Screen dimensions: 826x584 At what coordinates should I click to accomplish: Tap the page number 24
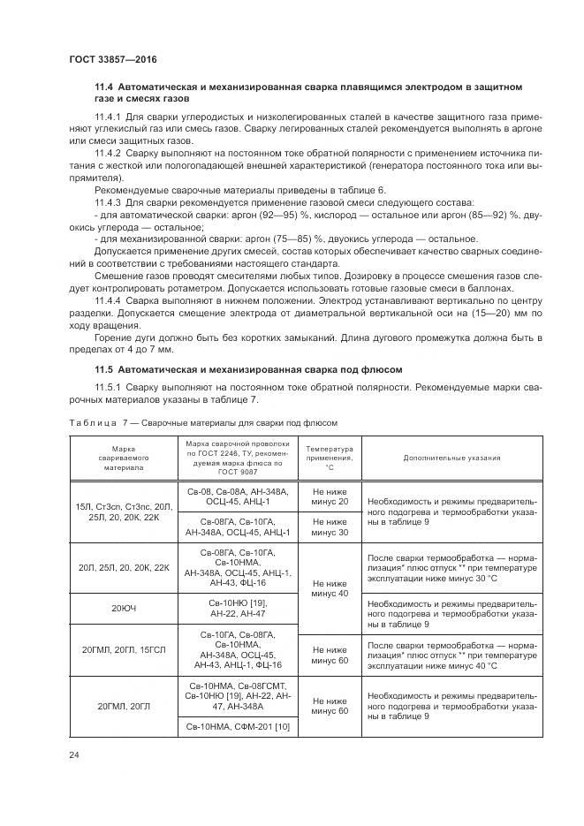click(x=73, y=754)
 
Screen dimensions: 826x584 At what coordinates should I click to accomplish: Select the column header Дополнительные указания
click(x=451, y=458)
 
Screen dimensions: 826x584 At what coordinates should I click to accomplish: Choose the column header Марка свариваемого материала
click(x=123, y=458)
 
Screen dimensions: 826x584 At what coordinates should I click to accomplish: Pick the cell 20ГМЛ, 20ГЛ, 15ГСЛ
click(x=123, y=650)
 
